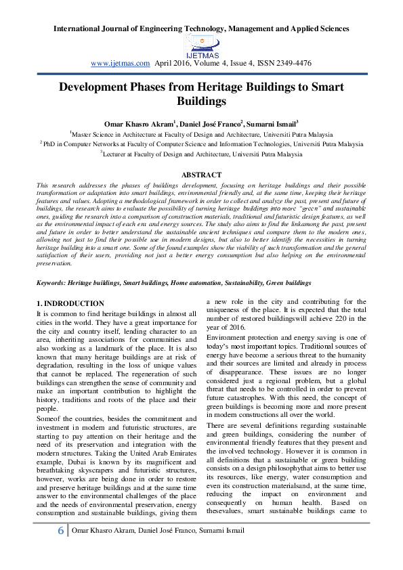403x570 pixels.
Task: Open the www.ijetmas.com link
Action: click(120, 63)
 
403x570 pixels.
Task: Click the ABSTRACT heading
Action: click(201, 175)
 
